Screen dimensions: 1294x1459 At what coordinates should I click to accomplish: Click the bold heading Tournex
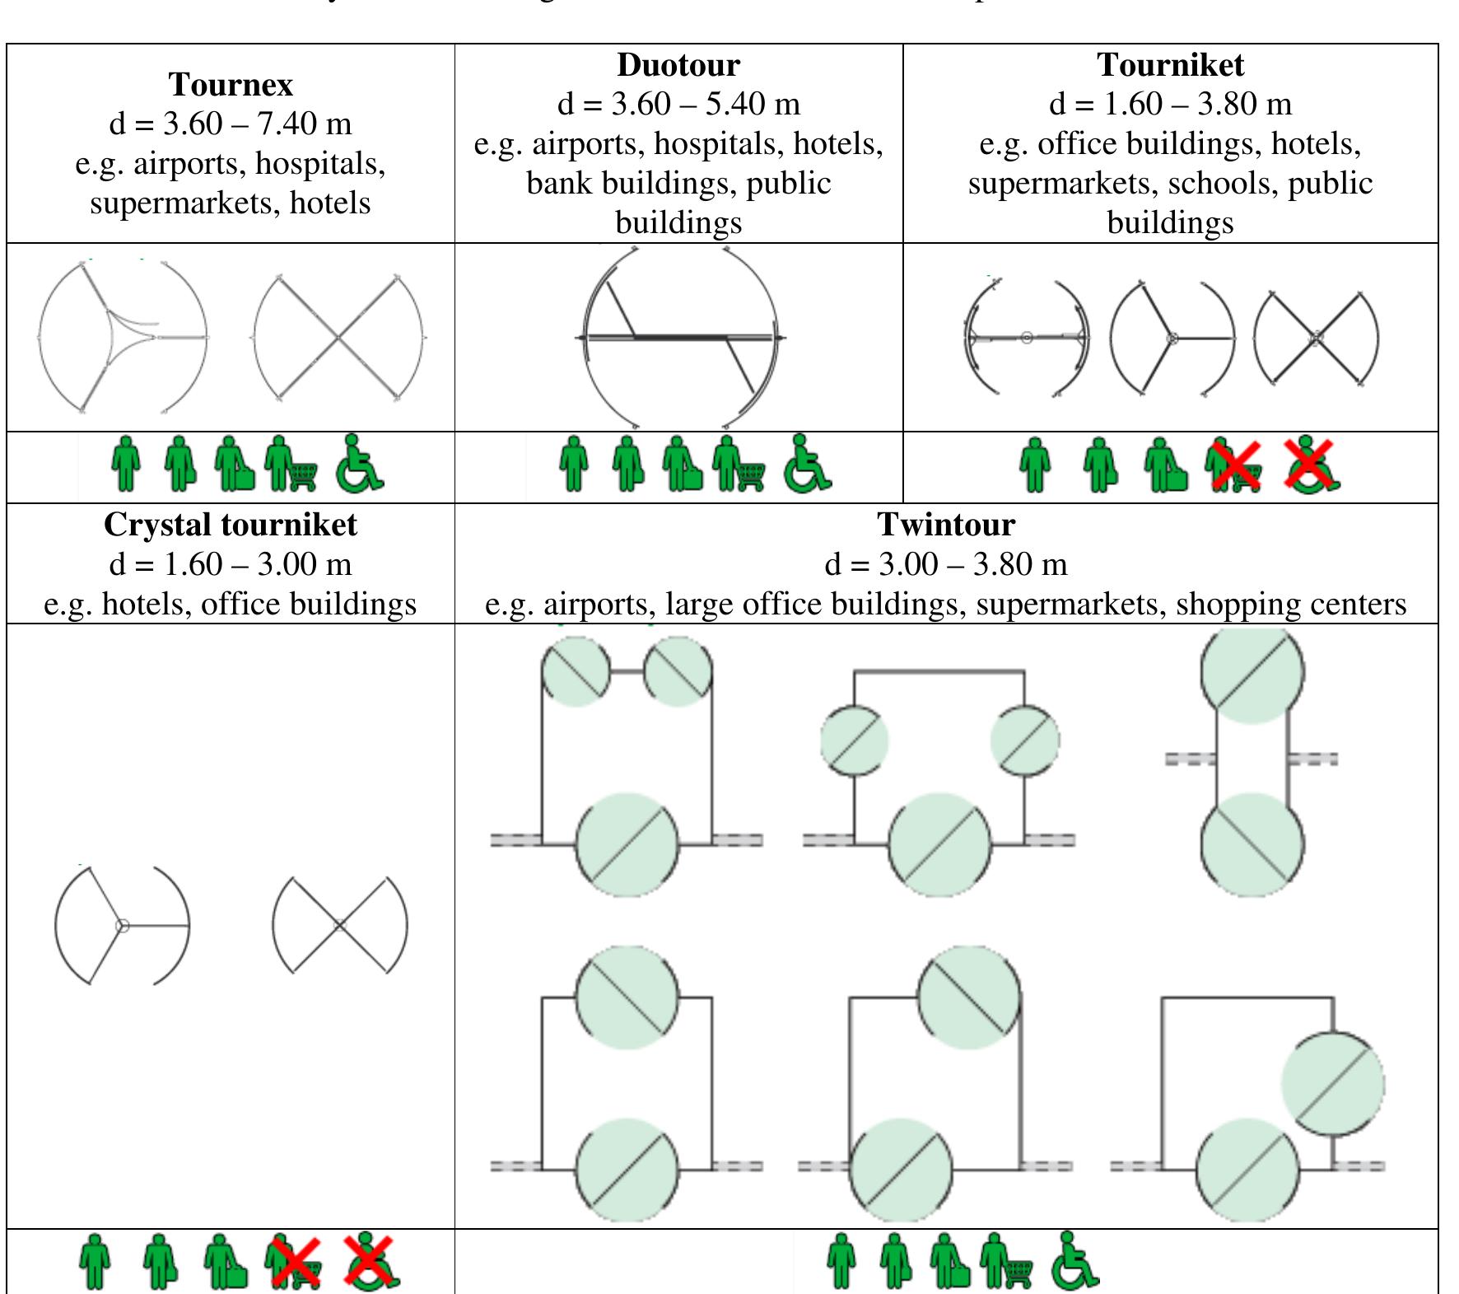click(231, 85)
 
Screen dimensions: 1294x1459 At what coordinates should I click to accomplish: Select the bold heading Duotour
click(678, 65)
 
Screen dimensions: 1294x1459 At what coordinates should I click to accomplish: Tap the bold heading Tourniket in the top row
click(1170, 65)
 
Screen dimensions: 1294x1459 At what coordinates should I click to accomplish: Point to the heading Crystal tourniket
click(231, 525)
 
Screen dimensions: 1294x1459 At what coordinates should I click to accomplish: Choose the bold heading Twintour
click(946, 525)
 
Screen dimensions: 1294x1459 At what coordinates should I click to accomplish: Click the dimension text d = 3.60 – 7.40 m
click(231, 124)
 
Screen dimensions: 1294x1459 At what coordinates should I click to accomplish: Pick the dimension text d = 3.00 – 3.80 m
click(946, 564)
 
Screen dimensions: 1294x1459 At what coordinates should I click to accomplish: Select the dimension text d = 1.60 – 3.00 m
click(231, 564)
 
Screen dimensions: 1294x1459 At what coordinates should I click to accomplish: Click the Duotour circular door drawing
click(680, 337)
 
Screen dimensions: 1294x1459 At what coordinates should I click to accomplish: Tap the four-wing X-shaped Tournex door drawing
click(338, 338)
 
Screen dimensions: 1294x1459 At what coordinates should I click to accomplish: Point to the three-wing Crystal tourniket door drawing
click(122, 925)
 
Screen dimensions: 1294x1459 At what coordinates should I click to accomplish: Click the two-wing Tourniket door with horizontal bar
click(1026, 337)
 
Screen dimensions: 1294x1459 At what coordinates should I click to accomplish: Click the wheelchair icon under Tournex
click(358, 465)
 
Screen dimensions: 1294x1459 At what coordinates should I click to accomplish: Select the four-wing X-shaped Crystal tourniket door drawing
click(339, 925)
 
